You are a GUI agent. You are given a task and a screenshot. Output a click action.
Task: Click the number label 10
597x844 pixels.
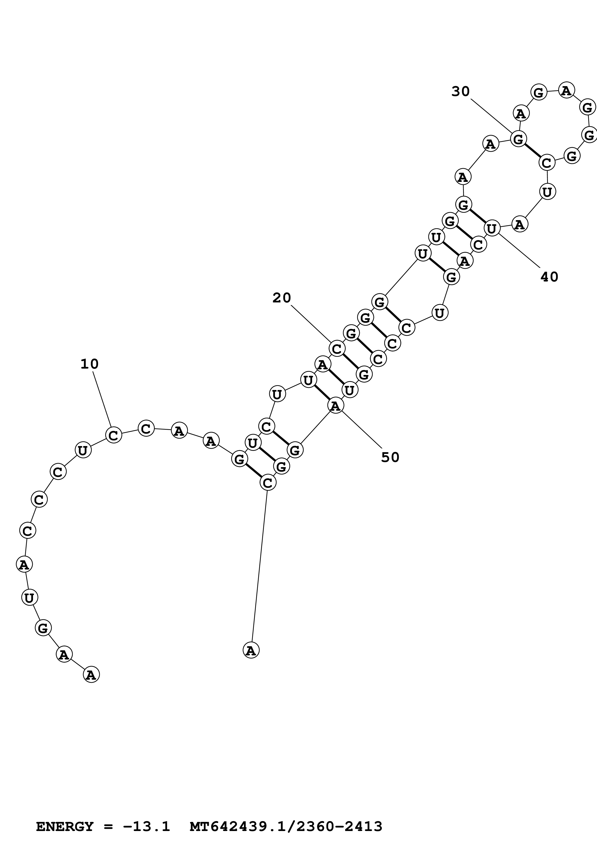[x=89, y=364]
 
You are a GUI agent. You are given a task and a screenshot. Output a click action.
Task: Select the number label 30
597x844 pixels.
[x=460, y=91]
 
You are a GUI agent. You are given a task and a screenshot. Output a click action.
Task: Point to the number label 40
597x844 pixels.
[x=549, y=277]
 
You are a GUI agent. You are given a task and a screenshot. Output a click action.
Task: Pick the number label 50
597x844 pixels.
[x=390, y=457]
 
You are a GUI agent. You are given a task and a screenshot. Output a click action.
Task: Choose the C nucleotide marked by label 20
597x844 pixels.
[x=337, y=348]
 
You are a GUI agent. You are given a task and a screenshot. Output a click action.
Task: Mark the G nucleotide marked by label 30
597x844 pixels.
[x=518, y=139]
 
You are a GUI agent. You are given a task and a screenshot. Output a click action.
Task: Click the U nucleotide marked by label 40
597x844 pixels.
[x=492, y=228]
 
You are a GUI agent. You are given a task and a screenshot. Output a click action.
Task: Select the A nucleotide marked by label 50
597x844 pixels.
[x=335, y=406]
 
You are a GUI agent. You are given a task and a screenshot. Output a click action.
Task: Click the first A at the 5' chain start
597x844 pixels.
[x=91, y=675]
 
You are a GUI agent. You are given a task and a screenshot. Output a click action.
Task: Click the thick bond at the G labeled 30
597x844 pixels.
[x=532, y=151]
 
